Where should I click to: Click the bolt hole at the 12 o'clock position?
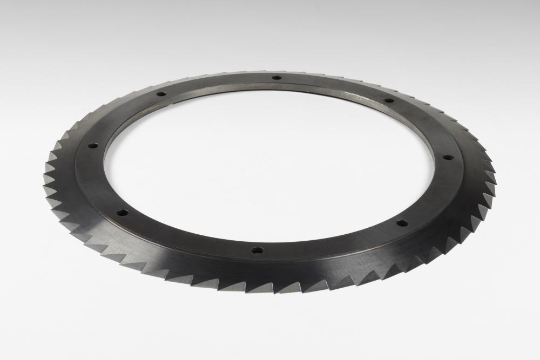point(276,78)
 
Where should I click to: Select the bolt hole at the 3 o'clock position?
point(448,158)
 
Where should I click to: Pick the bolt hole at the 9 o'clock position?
point(92,145)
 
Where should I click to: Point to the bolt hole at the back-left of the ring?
point(160,94)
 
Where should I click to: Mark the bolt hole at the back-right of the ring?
point(388,100)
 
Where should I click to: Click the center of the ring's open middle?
point(270,162)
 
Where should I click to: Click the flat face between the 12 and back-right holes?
point(335,86)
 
